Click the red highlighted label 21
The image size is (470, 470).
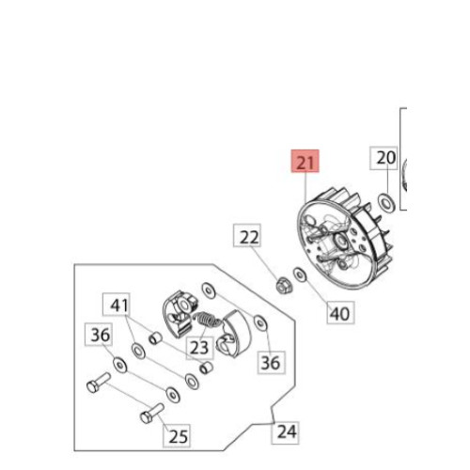point(305,161)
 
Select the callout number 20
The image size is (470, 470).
point(384,158)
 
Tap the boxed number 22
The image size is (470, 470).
point(247,235)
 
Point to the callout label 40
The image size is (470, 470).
point(340,313)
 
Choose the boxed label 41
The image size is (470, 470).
point(117,305)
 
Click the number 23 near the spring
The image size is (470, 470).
point(199,348)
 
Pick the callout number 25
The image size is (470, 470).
point(177,436)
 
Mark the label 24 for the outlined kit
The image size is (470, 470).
point(286,432)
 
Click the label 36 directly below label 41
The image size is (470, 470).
point(99,335)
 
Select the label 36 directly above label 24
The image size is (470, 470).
point(272,363)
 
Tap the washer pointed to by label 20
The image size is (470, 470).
point(386,203)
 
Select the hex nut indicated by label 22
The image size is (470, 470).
point(284,285)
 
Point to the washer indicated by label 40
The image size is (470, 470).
point(300,274)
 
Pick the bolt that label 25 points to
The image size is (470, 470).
point(151,413)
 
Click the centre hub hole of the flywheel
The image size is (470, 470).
point(340,242)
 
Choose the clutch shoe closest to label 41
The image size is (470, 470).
point(180,313)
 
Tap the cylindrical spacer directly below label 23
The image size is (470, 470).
point(207,368)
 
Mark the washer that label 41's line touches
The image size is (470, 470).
point(138,351)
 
